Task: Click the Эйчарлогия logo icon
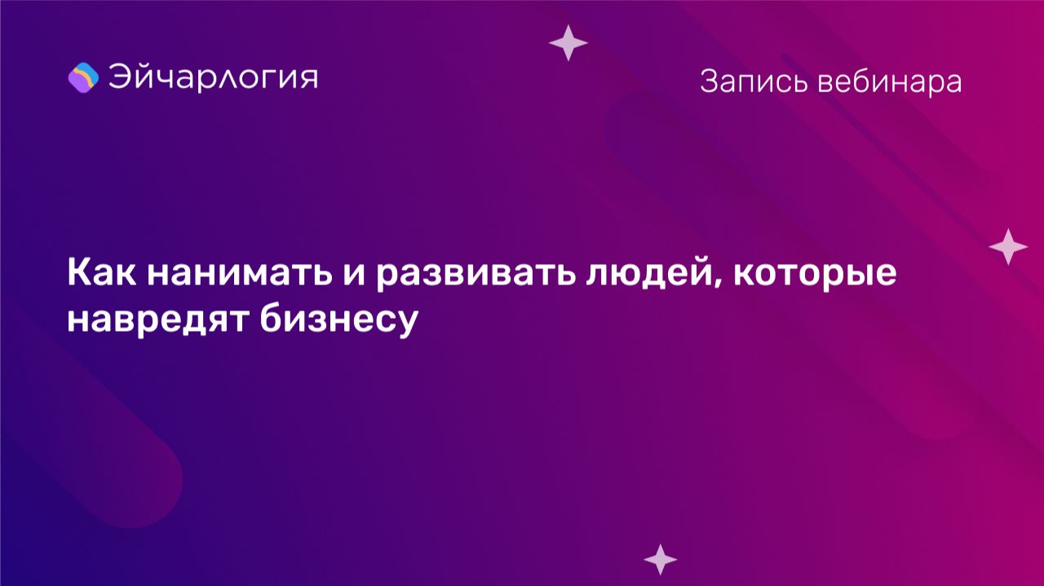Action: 83,77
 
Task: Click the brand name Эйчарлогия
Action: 213,77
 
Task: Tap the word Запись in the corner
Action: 749,82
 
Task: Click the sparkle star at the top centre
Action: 568,43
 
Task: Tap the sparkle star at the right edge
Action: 1008,246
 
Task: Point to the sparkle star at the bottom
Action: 660,559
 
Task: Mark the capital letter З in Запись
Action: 708,82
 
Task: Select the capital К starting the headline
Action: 77,273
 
